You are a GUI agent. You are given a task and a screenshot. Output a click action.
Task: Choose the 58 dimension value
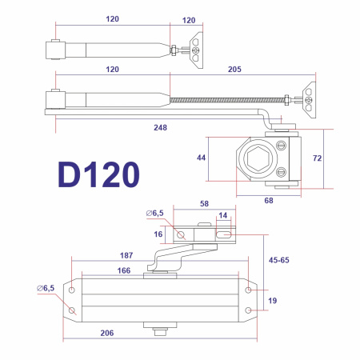coord(204,204)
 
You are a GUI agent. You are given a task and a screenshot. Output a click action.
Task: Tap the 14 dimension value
coord(223,216)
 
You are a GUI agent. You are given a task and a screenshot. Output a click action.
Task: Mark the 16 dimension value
coord(159,234)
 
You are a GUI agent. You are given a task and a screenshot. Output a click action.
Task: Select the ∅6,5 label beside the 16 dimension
coord(154,214)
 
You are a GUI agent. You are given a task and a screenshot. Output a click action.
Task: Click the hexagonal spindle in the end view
coord(257,160)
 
